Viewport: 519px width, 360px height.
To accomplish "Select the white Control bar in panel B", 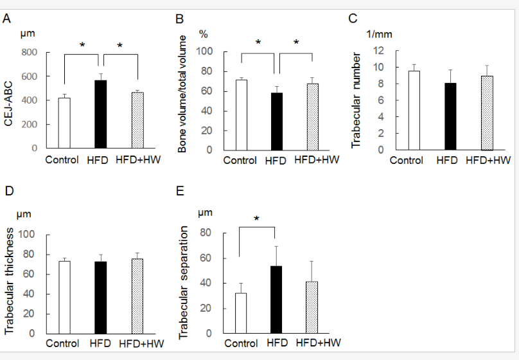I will coord(242,115).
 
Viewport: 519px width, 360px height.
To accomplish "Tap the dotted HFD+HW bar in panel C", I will coord(488,113).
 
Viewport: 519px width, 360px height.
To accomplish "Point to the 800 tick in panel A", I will coord(30,52).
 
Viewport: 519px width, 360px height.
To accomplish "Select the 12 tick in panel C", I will coord(378,51).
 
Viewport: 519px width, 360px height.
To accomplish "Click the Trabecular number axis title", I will coord(356,100).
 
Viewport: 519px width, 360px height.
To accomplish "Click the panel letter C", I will coord(353,18).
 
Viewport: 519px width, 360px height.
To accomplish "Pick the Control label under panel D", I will coord(62,344).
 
